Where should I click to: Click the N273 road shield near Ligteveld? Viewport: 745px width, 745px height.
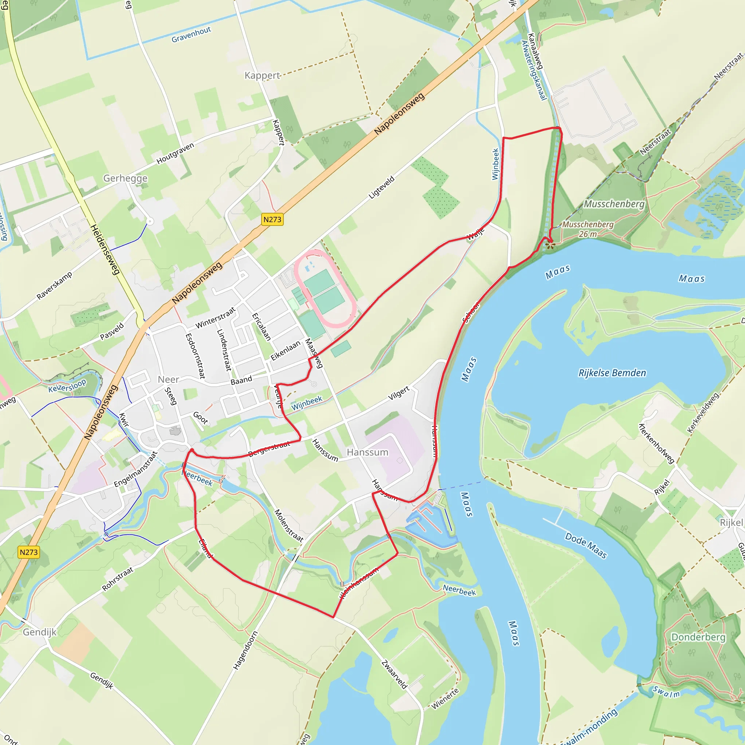tap(272, 219)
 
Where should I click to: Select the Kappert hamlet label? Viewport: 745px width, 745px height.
tap(262, 75)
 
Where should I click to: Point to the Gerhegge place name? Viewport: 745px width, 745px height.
tap(126, 178)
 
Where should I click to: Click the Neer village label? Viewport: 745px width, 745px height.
tap(168, 379)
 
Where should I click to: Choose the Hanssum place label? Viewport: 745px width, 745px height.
tap(367, 452)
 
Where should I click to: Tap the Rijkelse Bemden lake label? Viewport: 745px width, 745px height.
tap(612, 373)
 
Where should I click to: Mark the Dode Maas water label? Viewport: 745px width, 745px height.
tap(586, 545)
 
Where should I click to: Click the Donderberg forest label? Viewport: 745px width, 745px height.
tap(698, 637)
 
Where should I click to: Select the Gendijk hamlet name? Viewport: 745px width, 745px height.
tap(40, 632)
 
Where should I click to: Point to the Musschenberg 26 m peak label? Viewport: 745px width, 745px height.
tap(588, 229)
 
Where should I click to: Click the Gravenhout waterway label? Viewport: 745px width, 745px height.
tap(191, 35)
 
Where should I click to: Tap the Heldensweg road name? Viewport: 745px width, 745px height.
tap(105, 250)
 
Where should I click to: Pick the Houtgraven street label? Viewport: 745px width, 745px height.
tap(175, 153)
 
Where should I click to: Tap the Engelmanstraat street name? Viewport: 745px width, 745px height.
tap(136, 469)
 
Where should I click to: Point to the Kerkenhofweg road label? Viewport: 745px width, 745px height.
tap(656, 443)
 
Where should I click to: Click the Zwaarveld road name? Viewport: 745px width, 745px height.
tap(394, 674)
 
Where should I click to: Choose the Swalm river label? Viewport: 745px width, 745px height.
tap(666, 692)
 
